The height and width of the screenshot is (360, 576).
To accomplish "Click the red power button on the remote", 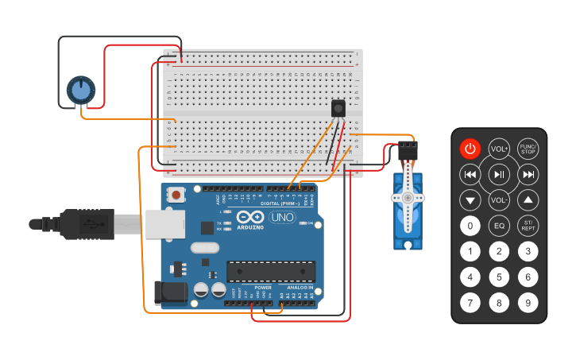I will click(470, 149).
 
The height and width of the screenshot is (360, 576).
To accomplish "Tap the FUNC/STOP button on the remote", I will click(528, 149).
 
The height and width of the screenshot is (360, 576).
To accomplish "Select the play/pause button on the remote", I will click(499, 174).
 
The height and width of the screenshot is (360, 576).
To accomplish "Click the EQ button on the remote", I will click(499, 226).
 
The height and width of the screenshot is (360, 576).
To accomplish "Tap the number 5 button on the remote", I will click(499, 277).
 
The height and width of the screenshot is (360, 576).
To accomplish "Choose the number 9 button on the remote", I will click(528, 303).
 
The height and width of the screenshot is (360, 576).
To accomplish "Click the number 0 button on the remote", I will click(470, 226).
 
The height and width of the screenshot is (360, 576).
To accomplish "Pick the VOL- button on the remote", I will click(499, 200).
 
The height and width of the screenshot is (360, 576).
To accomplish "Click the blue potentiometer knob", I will click(80, 90).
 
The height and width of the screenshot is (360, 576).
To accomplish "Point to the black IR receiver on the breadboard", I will click(338, 108).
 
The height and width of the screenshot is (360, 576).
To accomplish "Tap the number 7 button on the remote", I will click(470, 303).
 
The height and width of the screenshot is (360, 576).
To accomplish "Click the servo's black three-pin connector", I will click(408, 149).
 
